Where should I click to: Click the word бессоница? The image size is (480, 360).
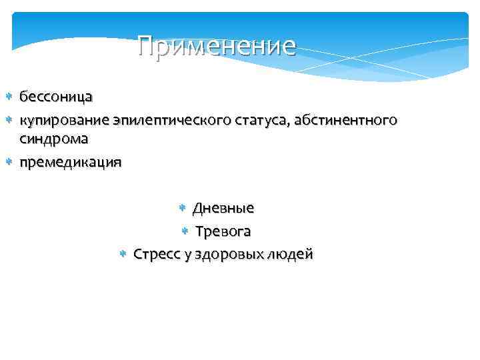click(x=55, y=97)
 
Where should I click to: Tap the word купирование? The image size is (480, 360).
click(x=65, y=121)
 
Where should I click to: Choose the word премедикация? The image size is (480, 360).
click(x=70, y=162)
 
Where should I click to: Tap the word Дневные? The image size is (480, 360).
click(x=223, y=208)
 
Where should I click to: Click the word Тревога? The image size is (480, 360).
click(x=223, y=231)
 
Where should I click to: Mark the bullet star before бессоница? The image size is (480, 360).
click(x=9, y=97)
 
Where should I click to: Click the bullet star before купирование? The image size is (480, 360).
click(x=9, y=121)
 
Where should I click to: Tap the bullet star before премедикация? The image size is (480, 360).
click(x=9, y=162)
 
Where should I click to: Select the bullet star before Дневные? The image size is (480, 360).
click(x=183, y=209)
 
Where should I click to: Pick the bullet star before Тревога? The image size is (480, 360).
click(x=185, y=232)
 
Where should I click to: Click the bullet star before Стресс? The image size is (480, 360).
click(x=123, y=255)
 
